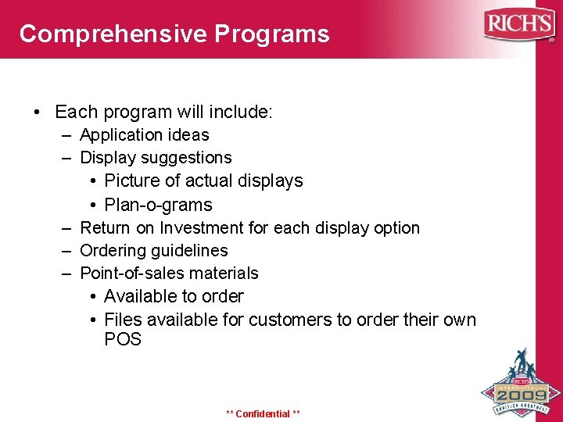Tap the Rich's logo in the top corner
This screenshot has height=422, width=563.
click(518, 24)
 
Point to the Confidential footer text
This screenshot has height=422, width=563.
click(263, 413)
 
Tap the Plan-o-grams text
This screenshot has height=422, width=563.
click(158, 205)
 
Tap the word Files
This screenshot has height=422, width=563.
click(123, 320)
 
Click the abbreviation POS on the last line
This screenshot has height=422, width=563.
click(123, 340)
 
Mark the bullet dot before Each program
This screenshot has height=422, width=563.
click(38, 113)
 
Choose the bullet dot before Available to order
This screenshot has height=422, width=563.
click(92, 297)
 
